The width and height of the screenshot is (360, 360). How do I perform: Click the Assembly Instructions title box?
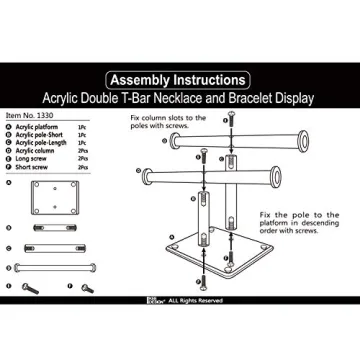pos(180,78)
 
